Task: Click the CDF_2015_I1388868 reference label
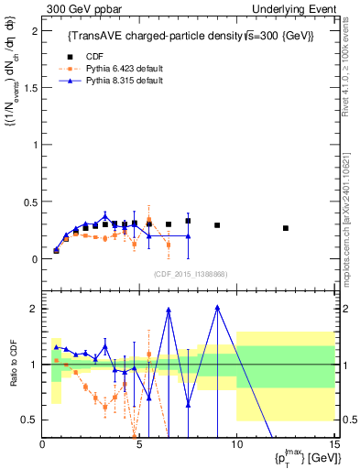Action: pos(190,272)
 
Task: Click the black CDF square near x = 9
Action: pos(217,225)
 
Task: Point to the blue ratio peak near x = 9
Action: pos(217,307)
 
